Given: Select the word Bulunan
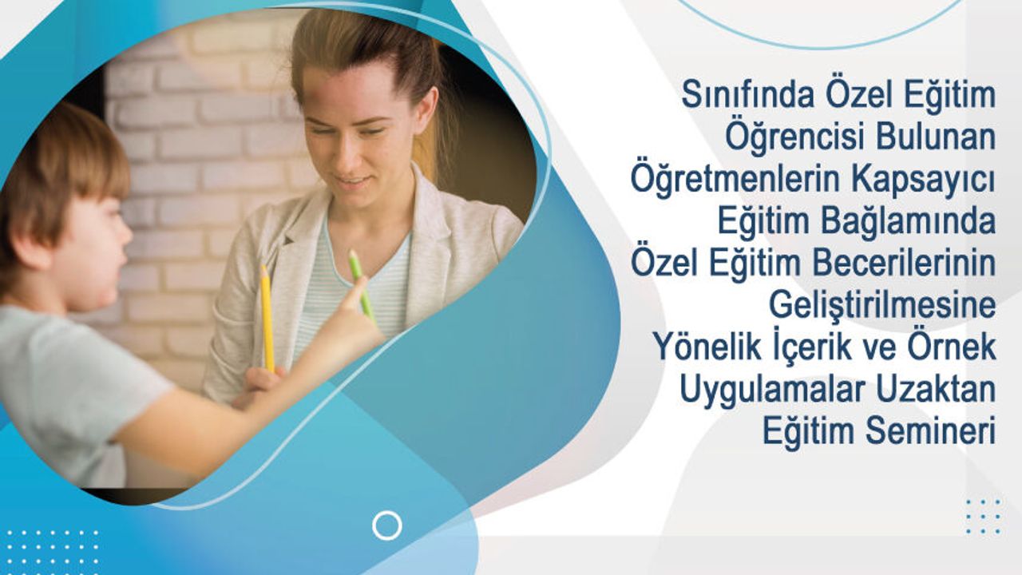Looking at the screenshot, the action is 936,137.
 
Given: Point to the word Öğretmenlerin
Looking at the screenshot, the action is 735,180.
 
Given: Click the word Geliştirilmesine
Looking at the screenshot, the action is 882,307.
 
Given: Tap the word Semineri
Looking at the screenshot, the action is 931,431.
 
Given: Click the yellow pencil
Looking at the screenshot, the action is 267,318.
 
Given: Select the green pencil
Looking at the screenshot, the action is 362,286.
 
